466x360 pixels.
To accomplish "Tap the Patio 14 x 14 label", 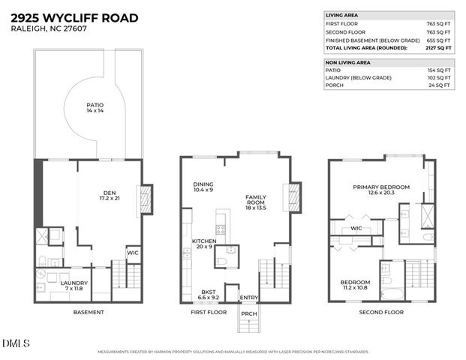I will point(94,108).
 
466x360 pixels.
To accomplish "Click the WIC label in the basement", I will point(133,253).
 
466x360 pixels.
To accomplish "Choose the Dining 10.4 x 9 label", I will point(203,187).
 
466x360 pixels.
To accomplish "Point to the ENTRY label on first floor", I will point(248,298).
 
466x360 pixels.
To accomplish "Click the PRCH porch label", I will point(248,313).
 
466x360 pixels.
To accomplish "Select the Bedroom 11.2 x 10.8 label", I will point(356,286).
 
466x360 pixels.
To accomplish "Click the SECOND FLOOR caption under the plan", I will point(381,312).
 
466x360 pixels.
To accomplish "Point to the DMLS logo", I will point(16,344).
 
